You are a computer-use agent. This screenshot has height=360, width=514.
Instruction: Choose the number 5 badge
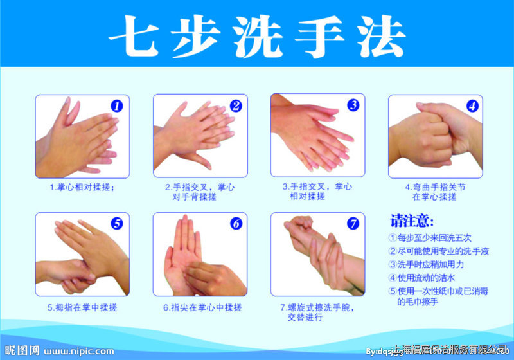[x=117, y=224]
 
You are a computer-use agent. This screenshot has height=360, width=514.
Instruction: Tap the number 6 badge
[x=235, y=224]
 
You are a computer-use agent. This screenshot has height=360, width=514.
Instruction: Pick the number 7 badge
[x=353, y=224]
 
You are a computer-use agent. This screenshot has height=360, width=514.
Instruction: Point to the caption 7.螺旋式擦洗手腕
[x=317, y=307]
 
